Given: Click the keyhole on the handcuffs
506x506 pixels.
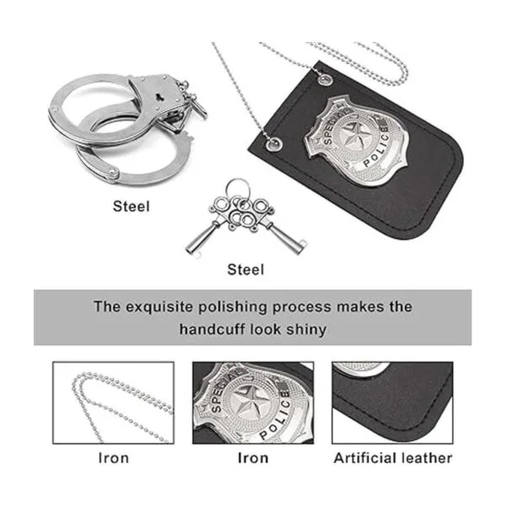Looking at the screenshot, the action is point(159,96).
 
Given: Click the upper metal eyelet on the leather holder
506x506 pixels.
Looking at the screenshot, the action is point(325,80).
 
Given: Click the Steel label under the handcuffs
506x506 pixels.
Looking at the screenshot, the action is point(132,207).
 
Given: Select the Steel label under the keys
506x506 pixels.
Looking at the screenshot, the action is point(245,270).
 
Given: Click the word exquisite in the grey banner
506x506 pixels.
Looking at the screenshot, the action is point(159,307).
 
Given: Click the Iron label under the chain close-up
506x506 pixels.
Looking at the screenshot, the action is point(114,458).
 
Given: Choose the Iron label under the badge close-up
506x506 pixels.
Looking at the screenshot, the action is point(253,458).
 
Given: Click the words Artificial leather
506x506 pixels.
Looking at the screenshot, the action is point(393,458).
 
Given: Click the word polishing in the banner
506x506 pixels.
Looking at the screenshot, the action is point(233,307).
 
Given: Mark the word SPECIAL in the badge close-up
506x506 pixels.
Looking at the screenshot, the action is point(225,390).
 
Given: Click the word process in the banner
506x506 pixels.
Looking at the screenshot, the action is point(302,307).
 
